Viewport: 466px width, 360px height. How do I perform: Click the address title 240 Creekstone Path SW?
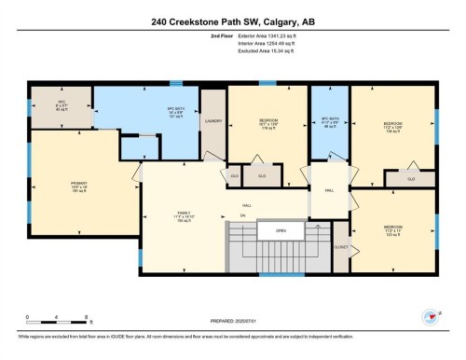click(233, 21)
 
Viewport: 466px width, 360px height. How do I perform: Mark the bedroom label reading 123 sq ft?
click(393, 229)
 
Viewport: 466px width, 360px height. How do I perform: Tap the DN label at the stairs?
click(241, 215)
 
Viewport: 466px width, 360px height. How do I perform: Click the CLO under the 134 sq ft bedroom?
click(411, 178)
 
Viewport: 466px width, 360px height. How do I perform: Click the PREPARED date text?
click(233, 322)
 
